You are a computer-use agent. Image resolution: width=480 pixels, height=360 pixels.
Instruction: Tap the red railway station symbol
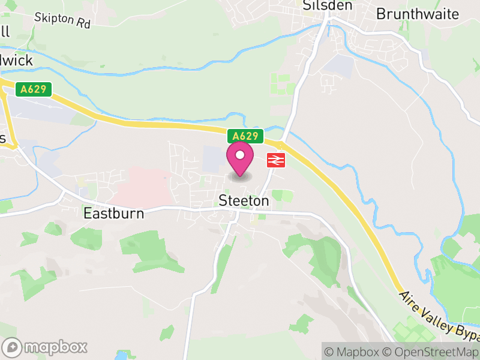click(x=275, y=160)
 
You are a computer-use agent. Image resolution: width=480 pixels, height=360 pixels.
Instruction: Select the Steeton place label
click(x=244, y=201)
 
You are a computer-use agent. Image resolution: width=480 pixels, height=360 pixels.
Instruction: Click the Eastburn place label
click(x=113, y=213)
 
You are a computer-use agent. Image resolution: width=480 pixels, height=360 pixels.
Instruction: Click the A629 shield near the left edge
click(x=33, y=89)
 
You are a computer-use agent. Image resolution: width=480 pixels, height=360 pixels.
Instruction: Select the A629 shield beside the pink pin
click(x=245, y=137)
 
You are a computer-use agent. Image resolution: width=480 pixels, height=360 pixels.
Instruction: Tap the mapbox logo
click(x=45, y=347)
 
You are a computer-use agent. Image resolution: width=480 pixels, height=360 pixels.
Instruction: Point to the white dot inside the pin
click(x=239, y=155)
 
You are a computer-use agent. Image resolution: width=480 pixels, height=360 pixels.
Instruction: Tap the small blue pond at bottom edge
click(x=124, y=355)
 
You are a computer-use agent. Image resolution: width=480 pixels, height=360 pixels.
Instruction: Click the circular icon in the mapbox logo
click(x=12, y=347)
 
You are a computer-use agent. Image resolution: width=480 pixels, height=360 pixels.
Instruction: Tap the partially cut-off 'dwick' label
click(x=16, y=61)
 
